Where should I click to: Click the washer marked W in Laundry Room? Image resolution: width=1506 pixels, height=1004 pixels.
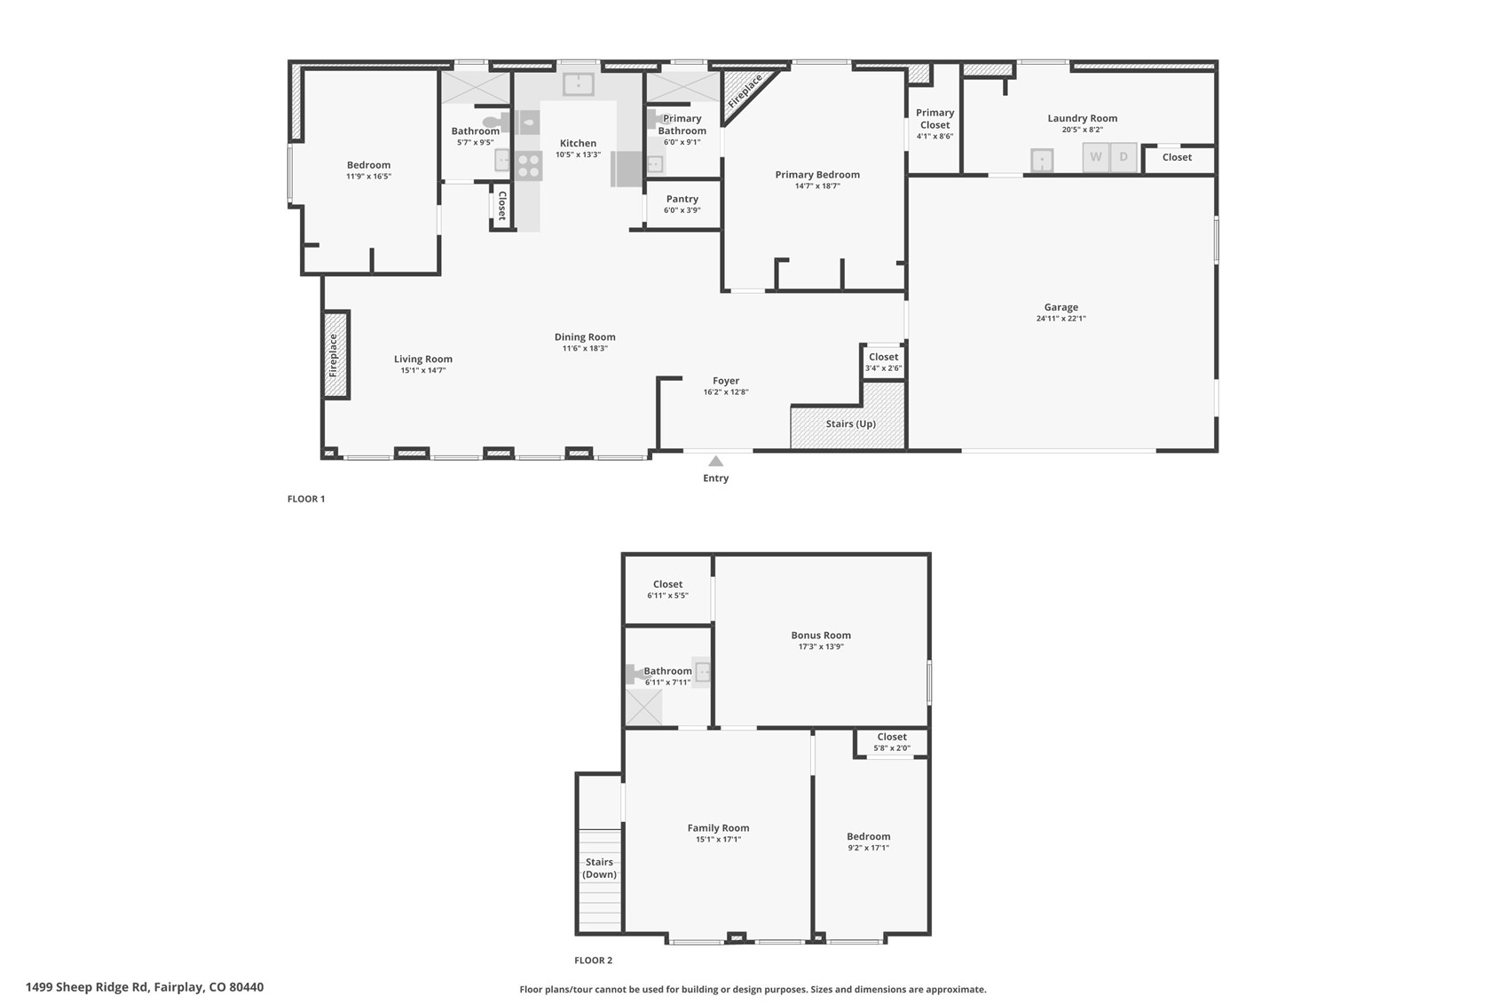[x=1096, y=157]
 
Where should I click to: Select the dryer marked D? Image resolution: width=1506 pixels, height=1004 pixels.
[x=1124, y=157]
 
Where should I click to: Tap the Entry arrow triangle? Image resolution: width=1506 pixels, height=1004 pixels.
[x=715, y=462]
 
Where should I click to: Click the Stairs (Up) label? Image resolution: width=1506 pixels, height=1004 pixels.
[x=850, y=423]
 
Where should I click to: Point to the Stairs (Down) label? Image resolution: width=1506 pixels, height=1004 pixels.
[x=599, y=868]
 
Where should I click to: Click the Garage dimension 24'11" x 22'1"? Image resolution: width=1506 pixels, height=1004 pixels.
[x=1061, y=319]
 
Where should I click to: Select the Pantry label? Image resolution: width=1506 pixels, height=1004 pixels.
[x=682, y=199]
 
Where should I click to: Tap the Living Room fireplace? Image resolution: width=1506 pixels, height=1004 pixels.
[x=335, y=355]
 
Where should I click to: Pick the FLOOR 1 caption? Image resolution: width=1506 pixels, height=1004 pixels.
[x=306, y=499]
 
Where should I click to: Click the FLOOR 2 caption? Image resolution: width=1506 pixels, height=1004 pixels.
[x=593, y=961]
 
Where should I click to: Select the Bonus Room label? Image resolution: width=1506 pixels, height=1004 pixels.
[x=821, y=635]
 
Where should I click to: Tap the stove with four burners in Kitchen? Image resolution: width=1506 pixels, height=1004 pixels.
[x=529, y=165]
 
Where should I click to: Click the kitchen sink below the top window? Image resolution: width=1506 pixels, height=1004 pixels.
[x=579, y=84]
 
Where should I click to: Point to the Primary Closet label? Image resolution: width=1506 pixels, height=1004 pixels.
[x=934, y=119]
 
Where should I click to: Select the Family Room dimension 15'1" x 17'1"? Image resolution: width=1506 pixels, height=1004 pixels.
[x=718, y=840]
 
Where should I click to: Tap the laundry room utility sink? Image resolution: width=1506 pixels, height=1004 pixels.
[x=1042, y=161]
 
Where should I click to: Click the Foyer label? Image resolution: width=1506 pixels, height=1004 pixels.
[x=726, y=381]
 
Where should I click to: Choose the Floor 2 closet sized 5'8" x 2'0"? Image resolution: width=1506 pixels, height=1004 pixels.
[x=892, y=742]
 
